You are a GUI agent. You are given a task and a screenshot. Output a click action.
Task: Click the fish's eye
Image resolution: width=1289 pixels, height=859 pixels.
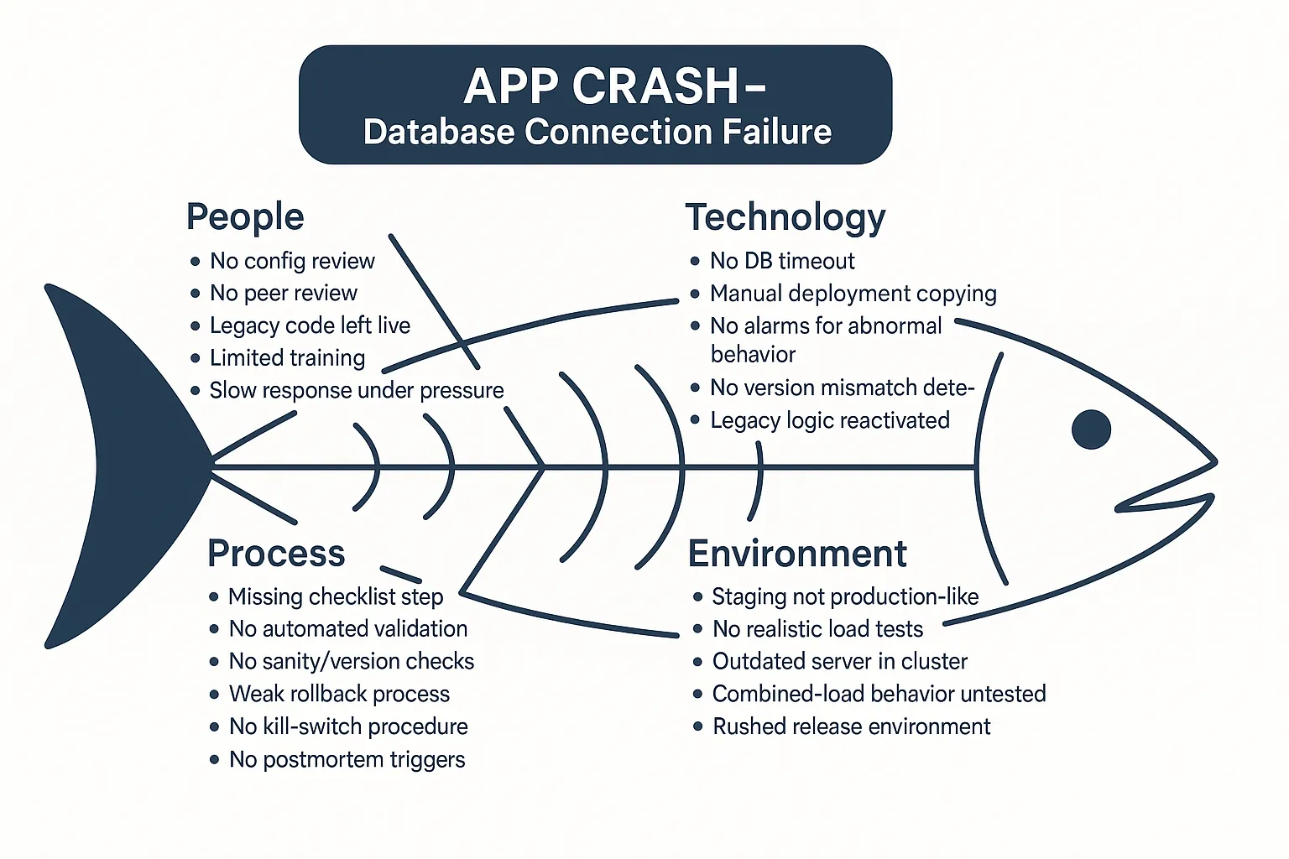[x=1091, y=429]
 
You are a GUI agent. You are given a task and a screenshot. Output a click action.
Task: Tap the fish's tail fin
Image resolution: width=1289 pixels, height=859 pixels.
[x=126, y=466]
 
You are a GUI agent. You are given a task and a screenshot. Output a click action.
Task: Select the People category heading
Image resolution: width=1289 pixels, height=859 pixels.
[x=245, y=216]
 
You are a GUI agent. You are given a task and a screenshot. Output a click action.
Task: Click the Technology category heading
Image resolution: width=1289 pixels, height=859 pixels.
[x=785, y=217]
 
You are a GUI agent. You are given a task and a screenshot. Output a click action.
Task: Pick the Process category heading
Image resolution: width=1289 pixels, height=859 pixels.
[x=276, y=554]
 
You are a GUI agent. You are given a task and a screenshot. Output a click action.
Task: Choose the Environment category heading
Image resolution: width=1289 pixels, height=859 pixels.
[x=797, y=554]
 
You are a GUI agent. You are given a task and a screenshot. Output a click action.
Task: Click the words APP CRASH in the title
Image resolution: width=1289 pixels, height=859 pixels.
[x=601, y=86]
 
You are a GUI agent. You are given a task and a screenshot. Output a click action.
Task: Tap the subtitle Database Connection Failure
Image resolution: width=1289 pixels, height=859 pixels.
[x=597, y=133]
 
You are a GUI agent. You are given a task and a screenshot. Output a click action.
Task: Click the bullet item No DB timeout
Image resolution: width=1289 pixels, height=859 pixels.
[x=782, y=261]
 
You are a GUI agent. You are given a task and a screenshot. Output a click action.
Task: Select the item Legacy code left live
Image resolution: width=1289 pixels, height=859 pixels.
[x=310, y=325]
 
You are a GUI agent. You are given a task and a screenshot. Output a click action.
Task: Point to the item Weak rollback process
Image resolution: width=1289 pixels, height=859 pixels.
[x=339, y=694]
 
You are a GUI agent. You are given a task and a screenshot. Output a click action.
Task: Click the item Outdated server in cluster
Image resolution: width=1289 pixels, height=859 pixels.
[x=840, y=661]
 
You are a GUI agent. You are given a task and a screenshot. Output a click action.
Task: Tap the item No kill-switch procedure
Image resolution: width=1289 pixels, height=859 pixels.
[x=348, y=726]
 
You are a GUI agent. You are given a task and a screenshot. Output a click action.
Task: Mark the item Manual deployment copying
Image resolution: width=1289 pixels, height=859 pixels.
[x=853, y=294]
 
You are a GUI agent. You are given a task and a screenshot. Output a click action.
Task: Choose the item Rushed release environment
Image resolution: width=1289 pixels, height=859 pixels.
[x=851, y=726]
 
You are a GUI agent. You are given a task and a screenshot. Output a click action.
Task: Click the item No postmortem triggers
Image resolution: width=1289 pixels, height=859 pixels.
[x=347, y=759]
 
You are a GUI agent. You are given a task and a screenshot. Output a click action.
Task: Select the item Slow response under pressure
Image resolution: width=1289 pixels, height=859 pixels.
[x=357, y=390]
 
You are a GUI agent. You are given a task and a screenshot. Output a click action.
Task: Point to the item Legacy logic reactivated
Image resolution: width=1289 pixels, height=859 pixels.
[x=830, y=420]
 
